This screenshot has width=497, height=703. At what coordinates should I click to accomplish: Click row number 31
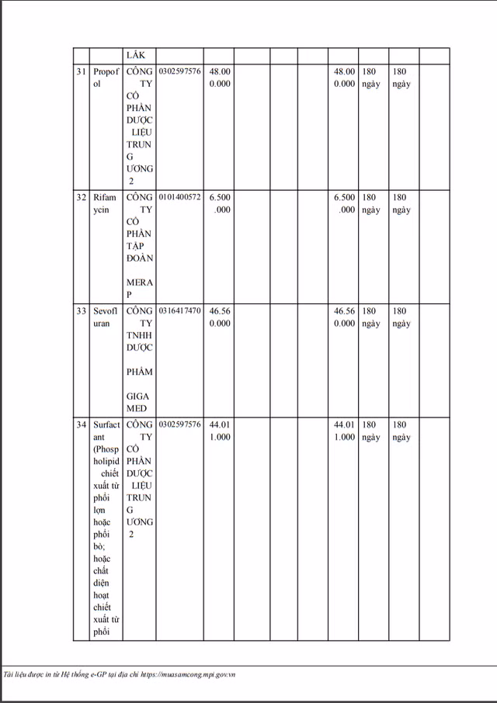pyautogui.click(x=81, y=72)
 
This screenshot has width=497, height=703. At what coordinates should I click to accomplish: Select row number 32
pyautogui.click(x=81, y=198)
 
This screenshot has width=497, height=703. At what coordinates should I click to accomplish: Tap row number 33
pyautogui.click(x=81, y=311)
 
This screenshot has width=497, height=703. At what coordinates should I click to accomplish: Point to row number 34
pyautogui.click(x=81, y=425)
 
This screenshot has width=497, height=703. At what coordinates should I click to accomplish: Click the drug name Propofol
pyautogui.click(x=106, y=78)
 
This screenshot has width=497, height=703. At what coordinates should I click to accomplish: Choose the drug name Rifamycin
pyautogui.click(x=106, y=203)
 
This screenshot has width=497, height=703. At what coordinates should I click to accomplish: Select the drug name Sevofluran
pyautogui.click(x=106, y=317)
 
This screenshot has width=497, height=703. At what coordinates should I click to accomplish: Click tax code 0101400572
pyautogui.click(x=179, y=198)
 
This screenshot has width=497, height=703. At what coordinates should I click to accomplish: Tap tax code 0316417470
pyautogui.click(x=179, y=311)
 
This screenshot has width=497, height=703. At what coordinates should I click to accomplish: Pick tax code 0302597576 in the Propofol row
pyautogui.click(x=179, y=72)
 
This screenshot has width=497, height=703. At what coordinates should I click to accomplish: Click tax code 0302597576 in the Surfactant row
pyautogui.click(x=179, y=425)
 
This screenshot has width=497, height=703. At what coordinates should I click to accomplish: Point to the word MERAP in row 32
pyautogui.click(x=140, y=288)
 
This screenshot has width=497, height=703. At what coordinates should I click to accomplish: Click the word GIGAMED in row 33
pyautogui.click(x=140, y=402)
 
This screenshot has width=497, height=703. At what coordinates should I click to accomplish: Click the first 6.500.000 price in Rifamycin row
pyautogui.click(x=220, y=203)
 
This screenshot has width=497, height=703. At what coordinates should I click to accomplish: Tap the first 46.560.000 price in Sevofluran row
pyautogui.click(x=220, y=317)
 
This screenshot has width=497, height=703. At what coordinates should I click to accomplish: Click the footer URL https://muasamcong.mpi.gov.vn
pyautogui.click(x=186, y=674)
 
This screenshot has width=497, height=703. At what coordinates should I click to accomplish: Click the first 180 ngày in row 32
pyautogui.click(x=370, y=203)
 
